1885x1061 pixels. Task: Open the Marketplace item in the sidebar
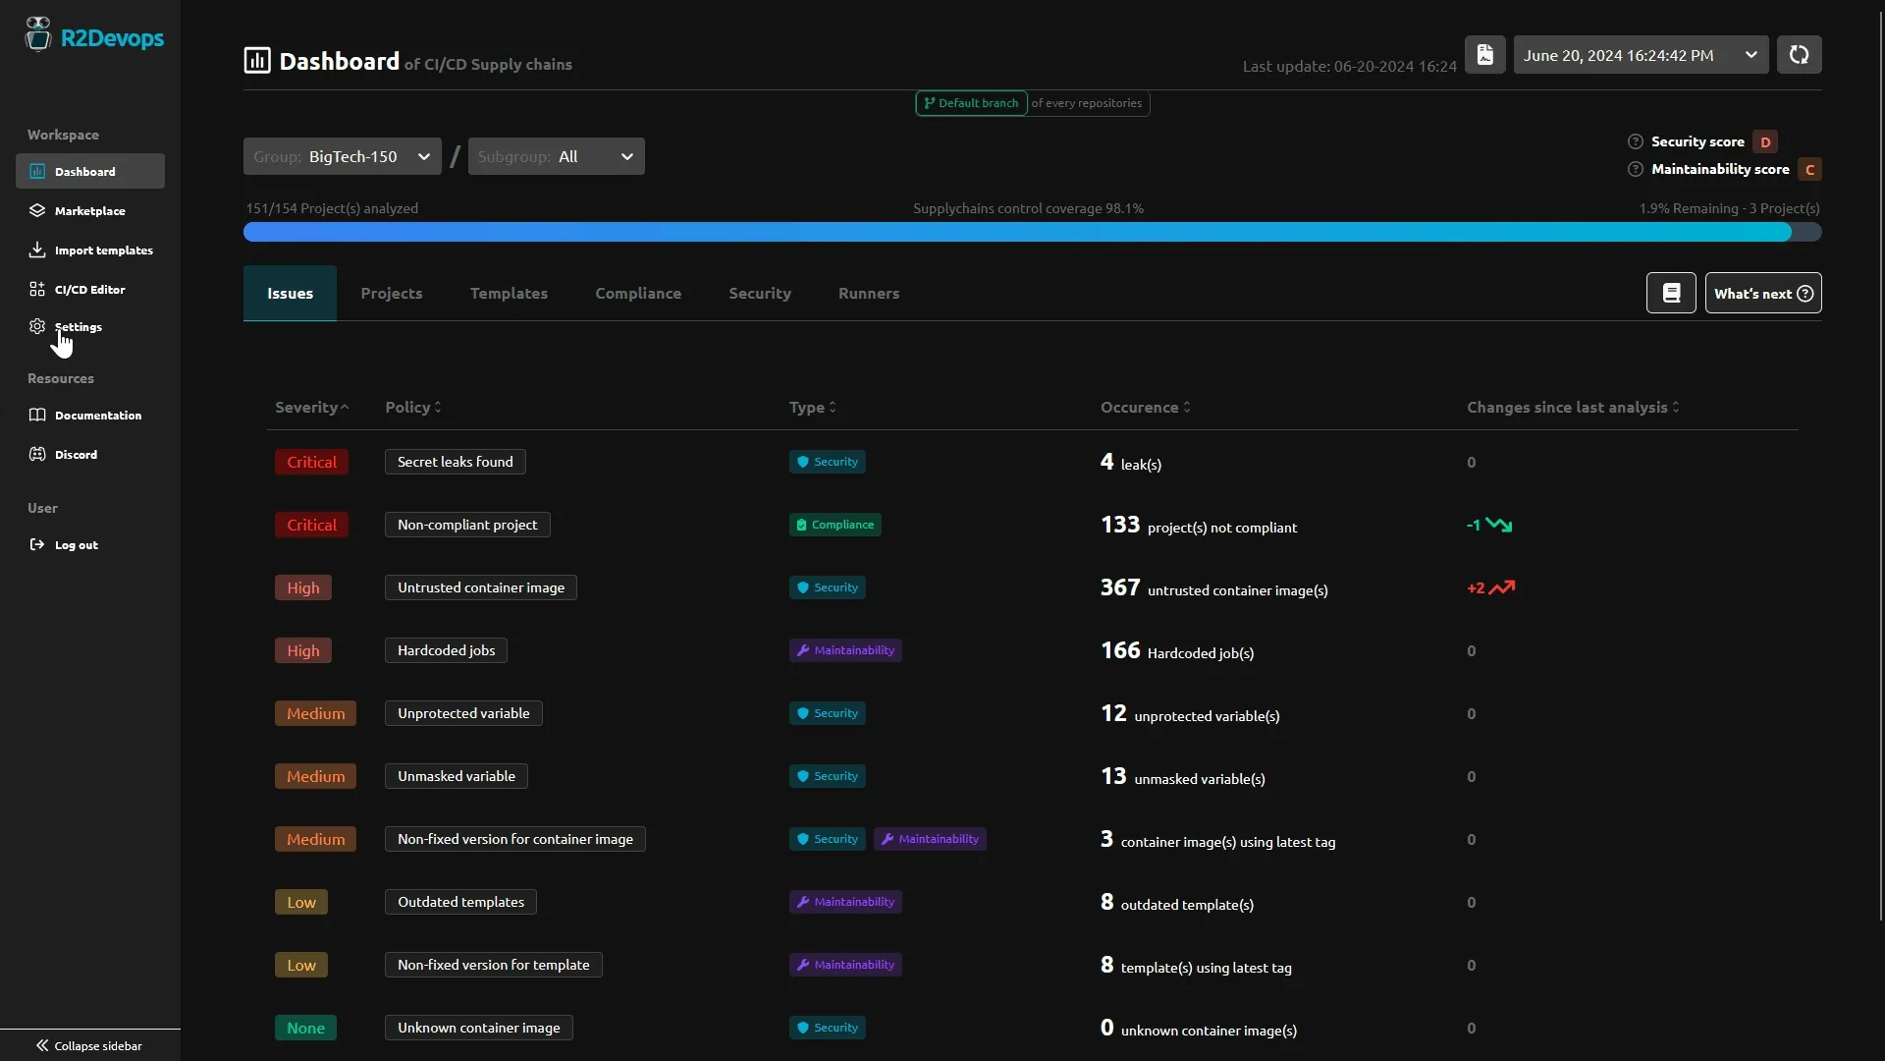pyautogui.click(x=88, y=211)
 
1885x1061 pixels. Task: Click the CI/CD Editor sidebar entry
pyautogui.click(x=88, y=290)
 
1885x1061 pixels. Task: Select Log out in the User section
pyautogui.click(x=76, y=545)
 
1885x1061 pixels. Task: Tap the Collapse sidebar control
pyautogui.click(x=89, y=1045)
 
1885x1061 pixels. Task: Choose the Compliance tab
pyautogui.click(x=637, y=294)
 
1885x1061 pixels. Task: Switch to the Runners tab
pyautogui.click(x=868, y=294)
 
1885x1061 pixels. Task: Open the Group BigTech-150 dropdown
pyautogui.click(x=342, y=157)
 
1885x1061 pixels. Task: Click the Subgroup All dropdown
pyautogui.click(x=556, y=157)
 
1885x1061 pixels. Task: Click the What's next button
pyautogui.click(x=1762, y=294)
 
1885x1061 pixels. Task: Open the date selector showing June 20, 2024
pyautogui.click(x=1640, y=56)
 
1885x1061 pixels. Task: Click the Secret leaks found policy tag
pyautogui.click(x=455, y=462)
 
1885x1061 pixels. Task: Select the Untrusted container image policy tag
pyautogui.click(x=480, y=587)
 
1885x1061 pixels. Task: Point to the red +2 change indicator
pyautogui.click(x=1489, y=587)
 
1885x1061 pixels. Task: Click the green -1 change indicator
pyautogui.click(x=1488, y=525)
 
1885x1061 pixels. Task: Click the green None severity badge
pyautogui.click(x=305, y=1028)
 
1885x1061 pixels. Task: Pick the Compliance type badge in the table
pyautogui.click(x=835, y=525)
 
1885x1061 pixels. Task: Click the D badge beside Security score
pyautogui.click(x=1765, y=142)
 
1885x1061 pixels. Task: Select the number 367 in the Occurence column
pyautogui.click(x=1119, y=587)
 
